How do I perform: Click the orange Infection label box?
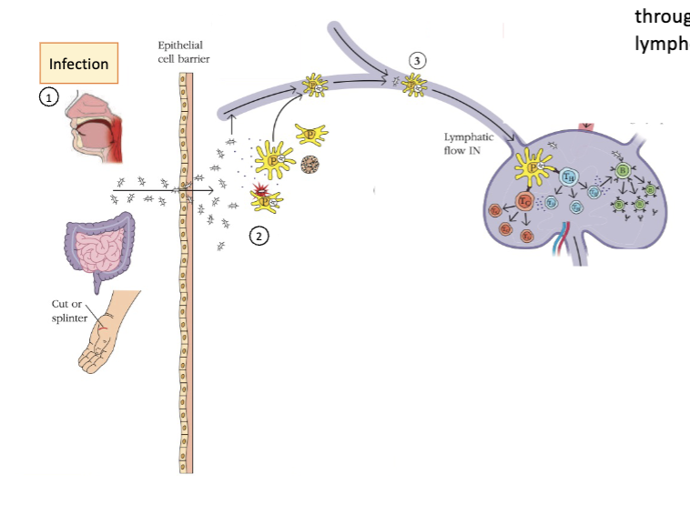point(78,64)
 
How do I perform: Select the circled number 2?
point(259,236)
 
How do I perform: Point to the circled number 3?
point(418,59)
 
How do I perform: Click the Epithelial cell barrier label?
point(179,51)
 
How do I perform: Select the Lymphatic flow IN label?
point(470,143)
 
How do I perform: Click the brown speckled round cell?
point(309,167)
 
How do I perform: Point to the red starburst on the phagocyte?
point(261,188)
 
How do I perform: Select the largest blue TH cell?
point(570,177)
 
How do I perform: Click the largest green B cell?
point(624,170)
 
